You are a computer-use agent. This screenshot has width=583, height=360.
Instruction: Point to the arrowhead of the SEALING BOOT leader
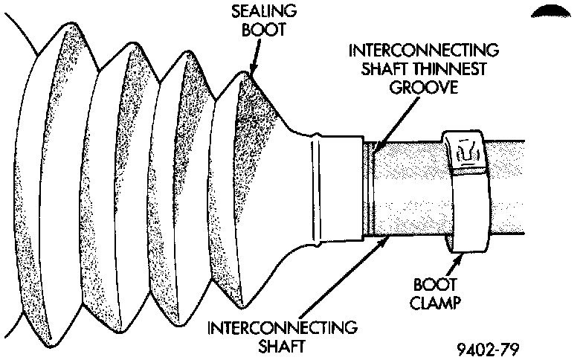click(x=252, y=74)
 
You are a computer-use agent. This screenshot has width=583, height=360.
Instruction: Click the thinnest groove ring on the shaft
click(x=370, y=190)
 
